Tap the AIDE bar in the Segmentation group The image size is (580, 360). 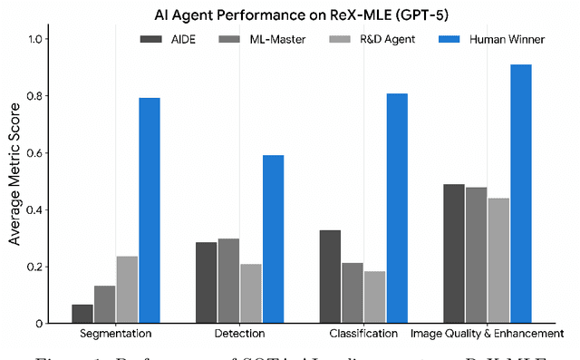point(82,314)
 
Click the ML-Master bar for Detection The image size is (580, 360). point(228,281)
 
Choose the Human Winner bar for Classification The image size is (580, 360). point(397,209)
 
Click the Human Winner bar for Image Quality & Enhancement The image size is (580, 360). point(520,194)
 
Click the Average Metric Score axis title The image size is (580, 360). point(14,181)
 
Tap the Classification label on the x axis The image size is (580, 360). point(363,334)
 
